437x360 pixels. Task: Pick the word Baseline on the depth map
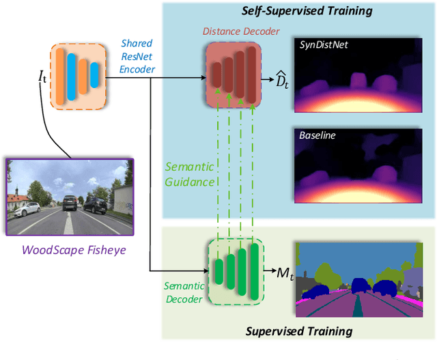317,135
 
